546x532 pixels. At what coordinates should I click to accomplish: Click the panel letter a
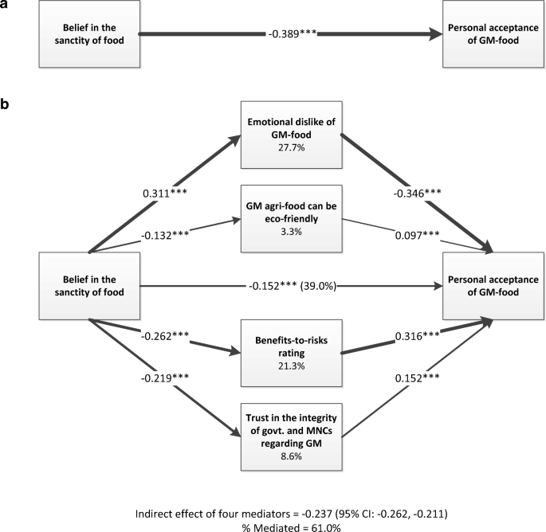point(6,6)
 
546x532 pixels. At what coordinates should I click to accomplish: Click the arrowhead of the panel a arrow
point(436,34)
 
